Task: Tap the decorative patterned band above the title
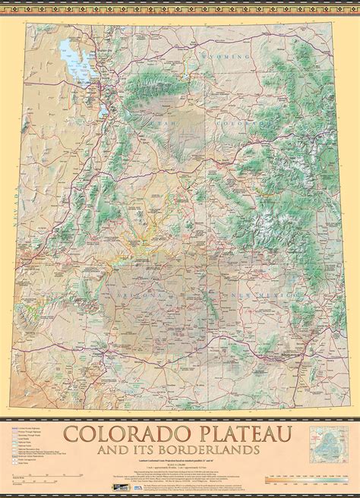(x=180, y=418)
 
